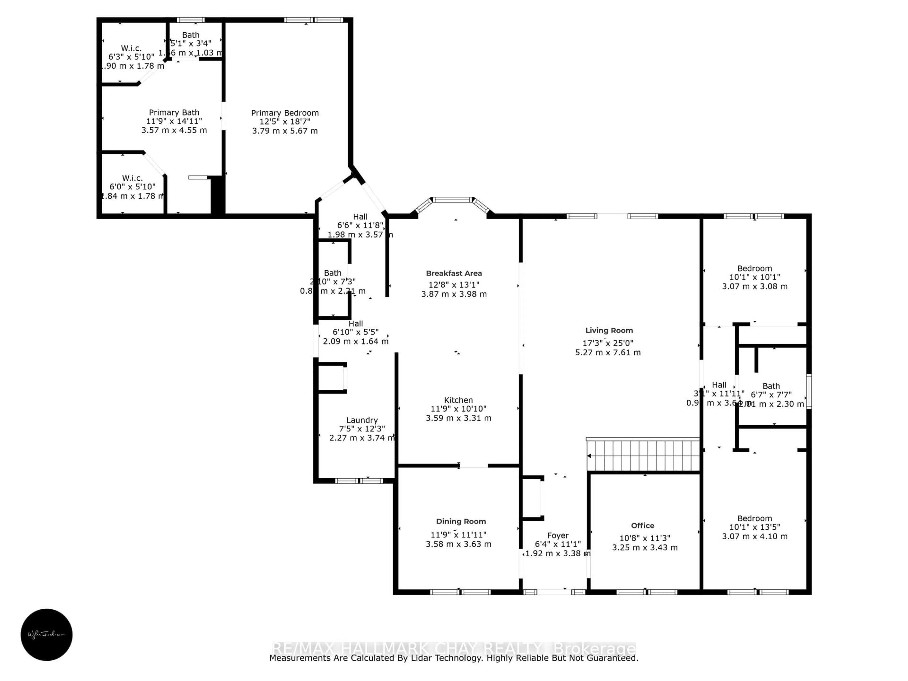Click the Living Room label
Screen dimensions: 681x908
coord(609,330)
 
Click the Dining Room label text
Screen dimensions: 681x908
coord(461,521)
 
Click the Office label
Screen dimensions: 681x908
coord(642,525)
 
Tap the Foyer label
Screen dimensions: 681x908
coord(557,535)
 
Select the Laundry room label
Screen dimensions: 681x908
coord(362,420)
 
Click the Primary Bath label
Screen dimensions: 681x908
coord(174,113)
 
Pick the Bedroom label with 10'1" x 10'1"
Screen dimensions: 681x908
coord(755,268)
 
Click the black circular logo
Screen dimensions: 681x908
coord(46,635)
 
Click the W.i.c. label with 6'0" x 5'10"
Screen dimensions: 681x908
coord(132,178)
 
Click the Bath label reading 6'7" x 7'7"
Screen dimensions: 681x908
coord(771,386)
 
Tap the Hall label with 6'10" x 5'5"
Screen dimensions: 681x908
coord(355,323)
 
